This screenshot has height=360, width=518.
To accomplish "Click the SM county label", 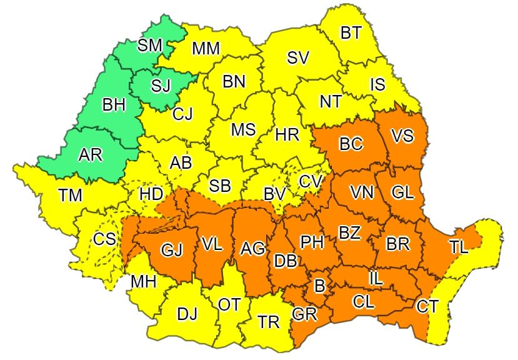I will (149, 45).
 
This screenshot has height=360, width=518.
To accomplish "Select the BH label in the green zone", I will (114, 105).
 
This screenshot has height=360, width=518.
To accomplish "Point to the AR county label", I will (91, 155).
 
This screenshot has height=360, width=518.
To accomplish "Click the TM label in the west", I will (71, 196).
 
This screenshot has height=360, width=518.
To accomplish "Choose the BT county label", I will (351, 32).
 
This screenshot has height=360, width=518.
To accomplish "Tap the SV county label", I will (298, 58).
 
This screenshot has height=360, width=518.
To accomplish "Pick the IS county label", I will (377, 84).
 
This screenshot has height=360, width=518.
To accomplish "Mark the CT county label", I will (428, 306).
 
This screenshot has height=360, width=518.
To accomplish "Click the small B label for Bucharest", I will (319, 287).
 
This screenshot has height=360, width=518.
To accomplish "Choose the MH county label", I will (143, 282).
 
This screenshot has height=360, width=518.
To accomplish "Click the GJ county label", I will (171, 251).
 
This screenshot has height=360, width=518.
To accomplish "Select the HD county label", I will (151, 194).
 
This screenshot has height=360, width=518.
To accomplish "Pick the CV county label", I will (309, 181).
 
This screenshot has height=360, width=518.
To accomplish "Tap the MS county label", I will (243, 129).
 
